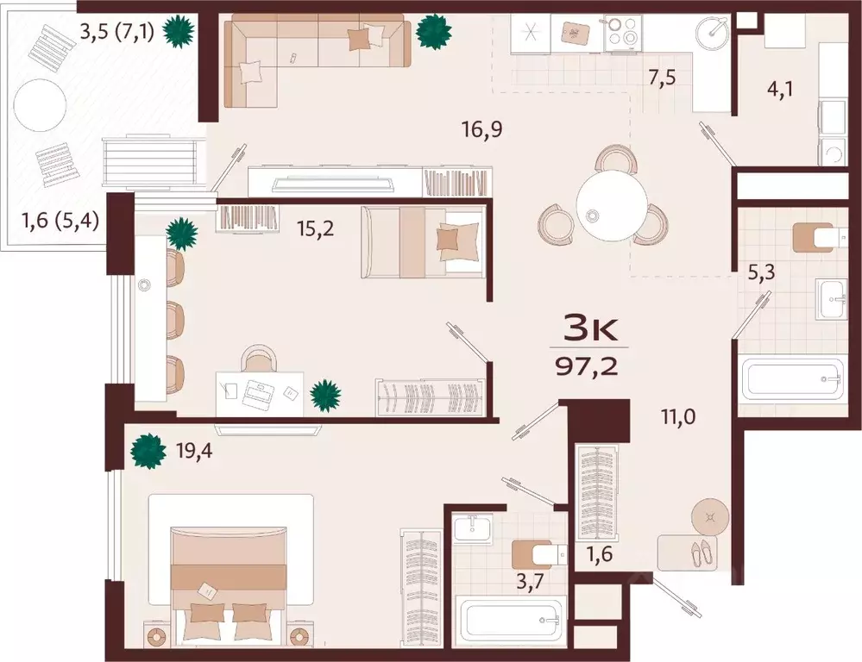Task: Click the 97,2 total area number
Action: tap(587, 365)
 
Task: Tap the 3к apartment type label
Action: tap(590, 330)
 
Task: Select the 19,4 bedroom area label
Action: tap(194, 452)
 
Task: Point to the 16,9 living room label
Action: tap(482, 130)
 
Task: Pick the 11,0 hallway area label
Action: tap(678, 417)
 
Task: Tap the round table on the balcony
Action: tap(41, 104)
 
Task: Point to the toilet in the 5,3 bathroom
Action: tap(813, 237)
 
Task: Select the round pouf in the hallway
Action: tap(710, 517)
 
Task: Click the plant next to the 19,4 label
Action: tap(148, 452)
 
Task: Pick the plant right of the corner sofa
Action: tap(434, 31)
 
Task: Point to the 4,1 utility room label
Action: tap(780, 89)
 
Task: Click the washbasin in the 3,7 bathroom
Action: tap(473, 529)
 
